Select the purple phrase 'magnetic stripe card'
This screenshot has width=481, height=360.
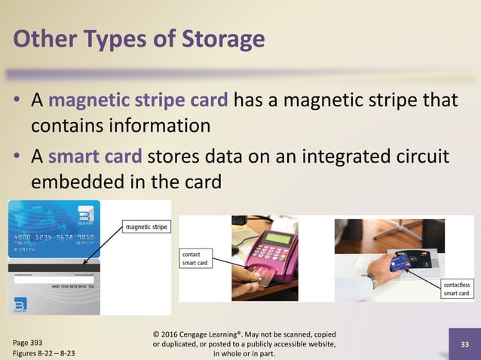[141, 101]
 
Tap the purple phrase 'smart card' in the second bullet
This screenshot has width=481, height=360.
[95, 157]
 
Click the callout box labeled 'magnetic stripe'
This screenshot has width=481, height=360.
[147, 226]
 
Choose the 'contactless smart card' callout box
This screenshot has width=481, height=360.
[456, 288]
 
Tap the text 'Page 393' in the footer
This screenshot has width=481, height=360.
[29, 340]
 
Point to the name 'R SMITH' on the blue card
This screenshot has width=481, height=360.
[24, 249]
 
